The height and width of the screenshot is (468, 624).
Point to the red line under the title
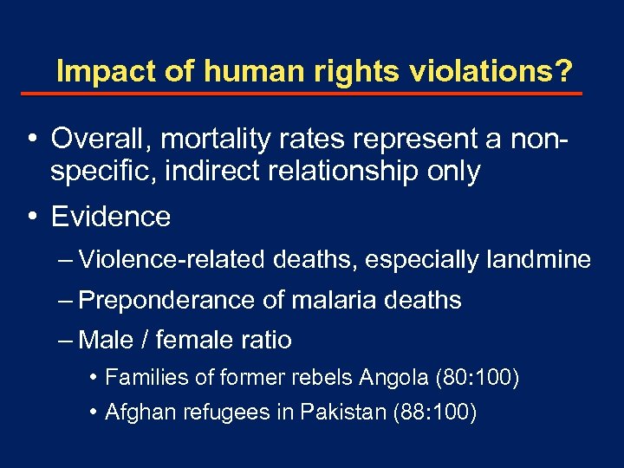click(313, 94)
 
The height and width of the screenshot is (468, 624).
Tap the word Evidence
click(111, 217)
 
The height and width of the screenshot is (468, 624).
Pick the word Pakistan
click(344, 412)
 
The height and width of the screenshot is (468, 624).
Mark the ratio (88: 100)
click(434, 412)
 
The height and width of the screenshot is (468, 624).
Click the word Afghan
click(133, 412)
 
